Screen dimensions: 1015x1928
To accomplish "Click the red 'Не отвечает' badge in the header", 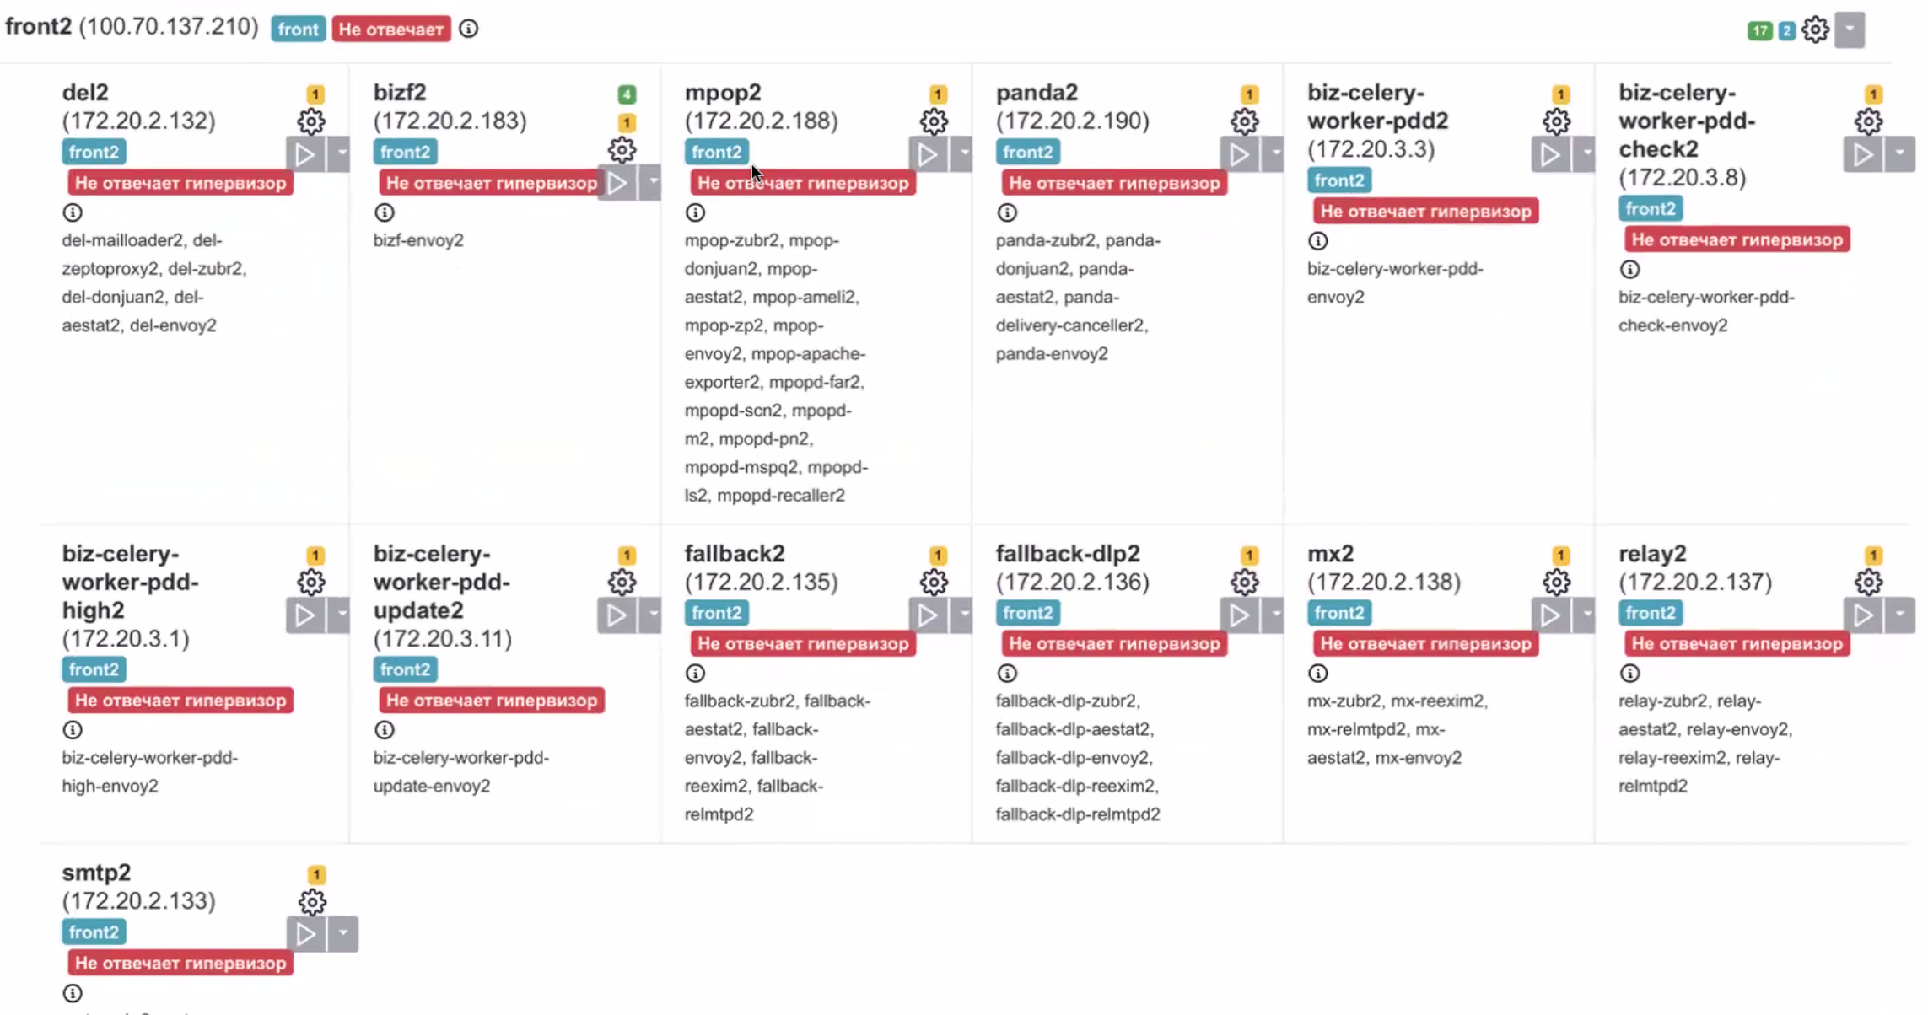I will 390,30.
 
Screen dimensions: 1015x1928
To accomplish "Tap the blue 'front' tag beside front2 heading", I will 298,30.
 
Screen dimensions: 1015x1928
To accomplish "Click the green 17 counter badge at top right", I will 1758,31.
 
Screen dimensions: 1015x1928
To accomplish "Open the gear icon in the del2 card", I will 311,121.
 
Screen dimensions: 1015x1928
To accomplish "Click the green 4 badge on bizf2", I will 626,94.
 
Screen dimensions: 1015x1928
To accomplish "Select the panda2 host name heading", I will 1037,92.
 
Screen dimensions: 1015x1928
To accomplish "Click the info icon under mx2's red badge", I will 1317,673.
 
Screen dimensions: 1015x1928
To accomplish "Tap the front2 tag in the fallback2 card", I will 716,613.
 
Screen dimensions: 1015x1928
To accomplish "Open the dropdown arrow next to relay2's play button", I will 1899,615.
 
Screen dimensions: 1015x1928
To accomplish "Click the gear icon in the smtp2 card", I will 312,902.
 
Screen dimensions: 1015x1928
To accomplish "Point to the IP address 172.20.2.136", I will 1072,582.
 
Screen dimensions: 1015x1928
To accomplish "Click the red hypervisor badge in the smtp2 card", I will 180,963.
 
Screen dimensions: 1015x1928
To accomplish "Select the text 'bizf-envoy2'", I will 418,240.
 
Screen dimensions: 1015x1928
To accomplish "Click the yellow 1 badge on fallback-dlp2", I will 1249,556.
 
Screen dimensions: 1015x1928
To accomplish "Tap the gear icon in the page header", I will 1815,30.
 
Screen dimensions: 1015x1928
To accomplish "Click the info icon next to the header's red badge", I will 469,29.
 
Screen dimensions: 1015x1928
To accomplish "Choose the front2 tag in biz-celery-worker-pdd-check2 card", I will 1650,208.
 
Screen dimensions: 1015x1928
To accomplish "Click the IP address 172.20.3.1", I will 126,638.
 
